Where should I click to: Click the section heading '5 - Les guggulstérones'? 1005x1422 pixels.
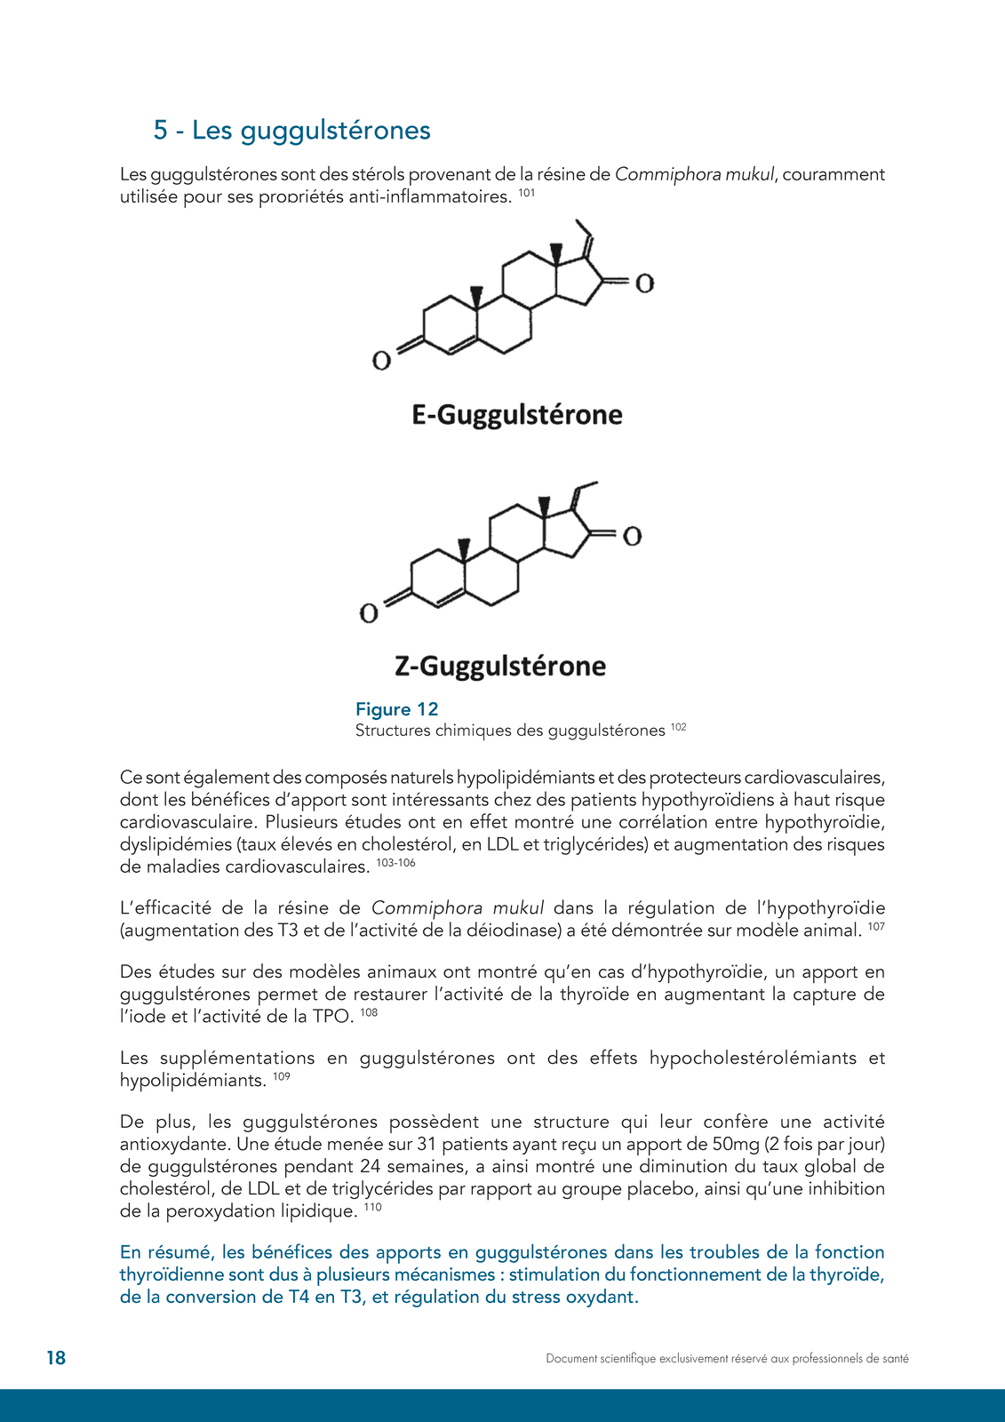pos(291,131)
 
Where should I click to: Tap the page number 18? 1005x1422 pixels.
pos(56,1358)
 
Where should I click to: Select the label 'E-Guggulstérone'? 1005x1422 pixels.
pos(517,415)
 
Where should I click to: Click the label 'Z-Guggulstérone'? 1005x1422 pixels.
pos(500,667)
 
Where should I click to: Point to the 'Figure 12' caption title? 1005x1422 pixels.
pos(397,709)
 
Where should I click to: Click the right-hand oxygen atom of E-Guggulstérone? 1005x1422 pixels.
pos(645,284)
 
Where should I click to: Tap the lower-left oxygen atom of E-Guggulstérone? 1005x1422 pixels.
pos(381,361)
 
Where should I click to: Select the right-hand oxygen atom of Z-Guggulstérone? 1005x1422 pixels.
pos(632,536)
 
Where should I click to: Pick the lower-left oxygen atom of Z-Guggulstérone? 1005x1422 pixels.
pos(369,613)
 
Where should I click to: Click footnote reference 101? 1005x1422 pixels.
pos(527,192)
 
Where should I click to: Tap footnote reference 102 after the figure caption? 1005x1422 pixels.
pos(679,727)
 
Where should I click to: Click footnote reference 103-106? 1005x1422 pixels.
pos(395,863)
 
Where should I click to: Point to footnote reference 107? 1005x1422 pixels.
pos(876,927)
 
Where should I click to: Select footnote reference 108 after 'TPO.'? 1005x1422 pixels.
pos(369,1012)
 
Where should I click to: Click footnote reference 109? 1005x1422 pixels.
pos(282,1076)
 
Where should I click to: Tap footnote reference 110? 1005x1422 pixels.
pos(372,1207)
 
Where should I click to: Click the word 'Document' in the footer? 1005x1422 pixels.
pos(571,1359)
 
